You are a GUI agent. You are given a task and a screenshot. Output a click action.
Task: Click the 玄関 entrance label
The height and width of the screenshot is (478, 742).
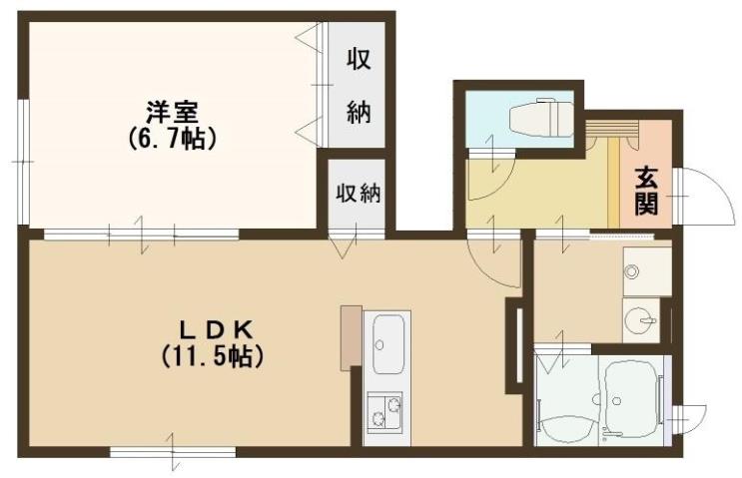(646, 191)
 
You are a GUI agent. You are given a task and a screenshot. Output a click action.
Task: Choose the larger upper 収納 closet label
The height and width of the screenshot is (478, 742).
(359, 86)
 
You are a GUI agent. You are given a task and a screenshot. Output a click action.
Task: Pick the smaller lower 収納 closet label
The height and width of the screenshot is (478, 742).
(358, 191)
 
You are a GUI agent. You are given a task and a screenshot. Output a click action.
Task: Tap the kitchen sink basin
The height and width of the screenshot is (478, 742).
(385, 344)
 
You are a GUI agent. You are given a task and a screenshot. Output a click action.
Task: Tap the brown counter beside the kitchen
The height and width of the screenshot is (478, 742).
(349, 336)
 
